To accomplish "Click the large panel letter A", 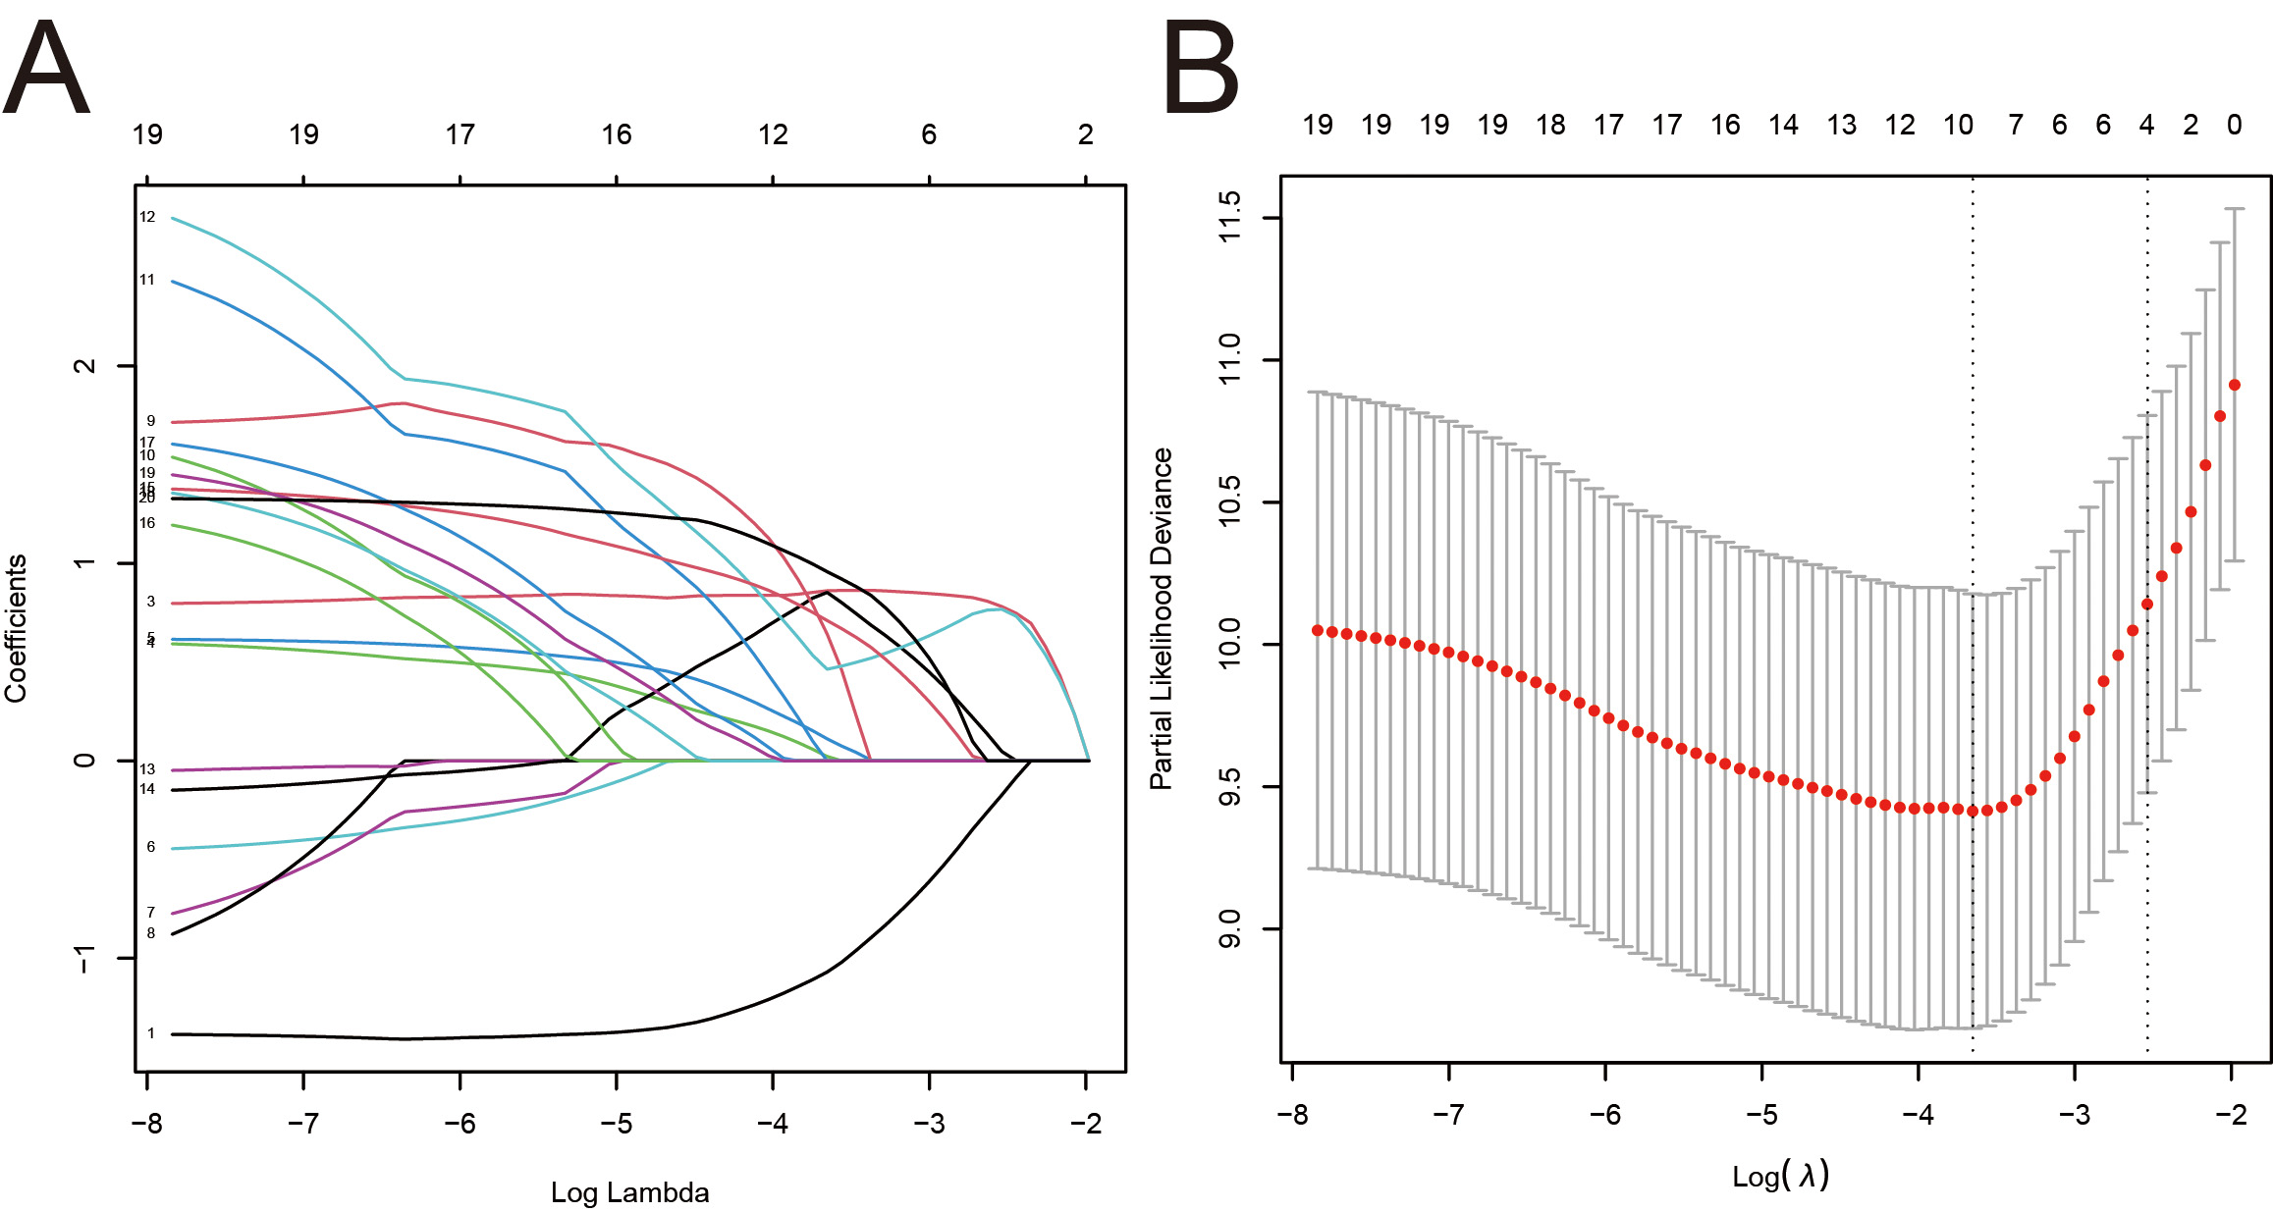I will (x=46, y=69).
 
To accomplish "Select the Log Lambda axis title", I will (x=629, y=1192).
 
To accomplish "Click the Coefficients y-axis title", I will (x=16, y=628).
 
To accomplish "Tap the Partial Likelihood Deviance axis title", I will (x=1162, y=618).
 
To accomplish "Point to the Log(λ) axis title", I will (x=1779, y=1175).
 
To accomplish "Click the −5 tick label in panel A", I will (x=616, y=1123).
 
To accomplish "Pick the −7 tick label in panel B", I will (x=1448, y=1115).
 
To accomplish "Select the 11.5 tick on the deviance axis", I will (x=1228, y=217).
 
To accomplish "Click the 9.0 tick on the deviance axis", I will (x=1228, y=928).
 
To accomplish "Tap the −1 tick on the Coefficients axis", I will (x=85, y=958).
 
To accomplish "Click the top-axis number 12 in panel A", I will (x=773, y=134).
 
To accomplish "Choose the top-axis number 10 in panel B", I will (x=1958, y=125).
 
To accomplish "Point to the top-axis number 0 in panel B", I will (x=2235, y=125).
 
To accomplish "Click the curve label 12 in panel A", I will (x=147, y=217).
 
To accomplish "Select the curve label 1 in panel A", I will (x=151, y=1033).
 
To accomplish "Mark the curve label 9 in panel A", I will (x=151, y=421).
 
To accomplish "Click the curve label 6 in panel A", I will (x=151, y=847).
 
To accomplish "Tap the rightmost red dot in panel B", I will (x=2235, y=385).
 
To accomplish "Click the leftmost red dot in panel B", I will (x=1318, y=630).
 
